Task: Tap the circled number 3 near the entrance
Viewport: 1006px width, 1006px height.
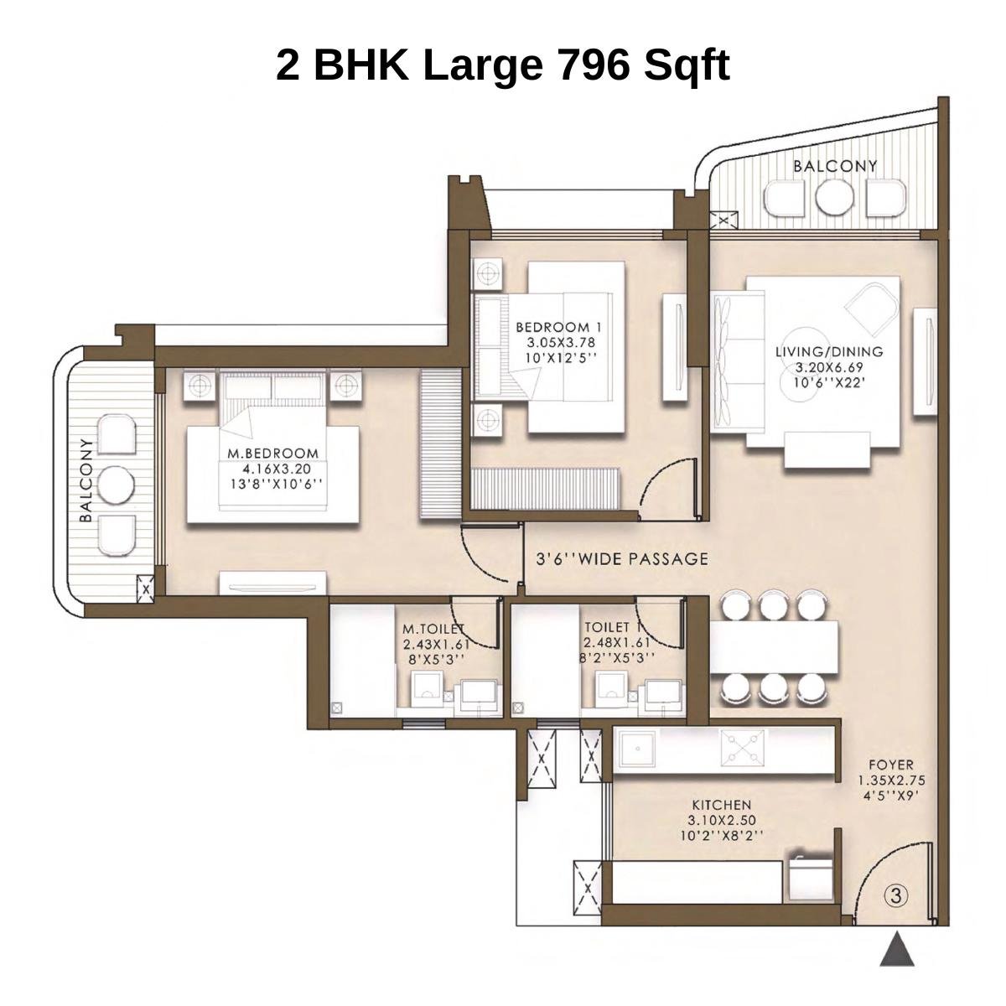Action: pos(896,895)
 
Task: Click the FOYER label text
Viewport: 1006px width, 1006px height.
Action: pos(890,765)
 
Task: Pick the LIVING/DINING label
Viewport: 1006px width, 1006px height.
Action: pos(829,352)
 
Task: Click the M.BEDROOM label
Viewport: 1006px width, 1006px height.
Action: pos(273,454)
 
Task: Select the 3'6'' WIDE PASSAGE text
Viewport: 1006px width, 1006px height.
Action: pos(622,559)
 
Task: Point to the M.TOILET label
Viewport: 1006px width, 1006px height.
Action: pos(433,629)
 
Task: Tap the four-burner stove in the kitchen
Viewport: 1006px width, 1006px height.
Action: pos(742,749)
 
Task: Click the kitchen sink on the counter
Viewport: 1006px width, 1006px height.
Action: pos(636,749)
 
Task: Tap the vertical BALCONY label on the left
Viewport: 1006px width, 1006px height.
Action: pos(86,480)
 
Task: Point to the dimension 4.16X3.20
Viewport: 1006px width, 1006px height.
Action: pos(273,469)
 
